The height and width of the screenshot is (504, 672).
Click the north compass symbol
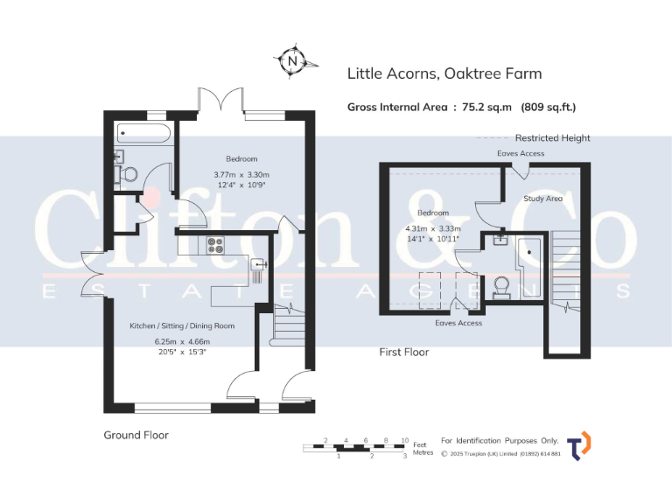click(x=291, y=61)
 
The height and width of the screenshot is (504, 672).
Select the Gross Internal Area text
click(x=461, y=108)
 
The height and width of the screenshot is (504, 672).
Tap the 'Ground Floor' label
click(x=136, y=435)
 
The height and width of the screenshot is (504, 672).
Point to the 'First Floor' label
click(x=403, y=353)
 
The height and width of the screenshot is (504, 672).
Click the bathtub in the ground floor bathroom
click(x=143, y=134)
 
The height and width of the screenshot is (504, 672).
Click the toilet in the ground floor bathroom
click(x=128, y=174)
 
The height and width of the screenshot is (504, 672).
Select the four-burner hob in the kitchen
click(x=213, y=246)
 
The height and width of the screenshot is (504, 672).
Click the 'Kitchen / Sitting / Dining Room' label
click(x=182, y=325)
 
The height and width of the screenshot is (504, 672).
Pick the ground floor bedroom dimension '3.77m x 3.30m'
click(x=241, y=174)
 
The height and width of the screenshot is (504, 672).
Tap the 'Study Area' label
click(x=542, y=199)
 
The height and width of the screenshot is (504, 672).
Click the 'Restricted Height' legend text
click(x=552, y=138)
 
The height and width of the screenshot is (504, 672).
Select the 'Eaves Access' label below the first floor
click(x=458, y=323)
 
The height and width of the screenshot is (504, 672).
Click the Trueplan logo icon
click(x=579, y=445)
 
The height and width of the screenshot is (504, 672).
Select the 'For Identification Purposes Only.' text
click(x=499, y=441)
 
